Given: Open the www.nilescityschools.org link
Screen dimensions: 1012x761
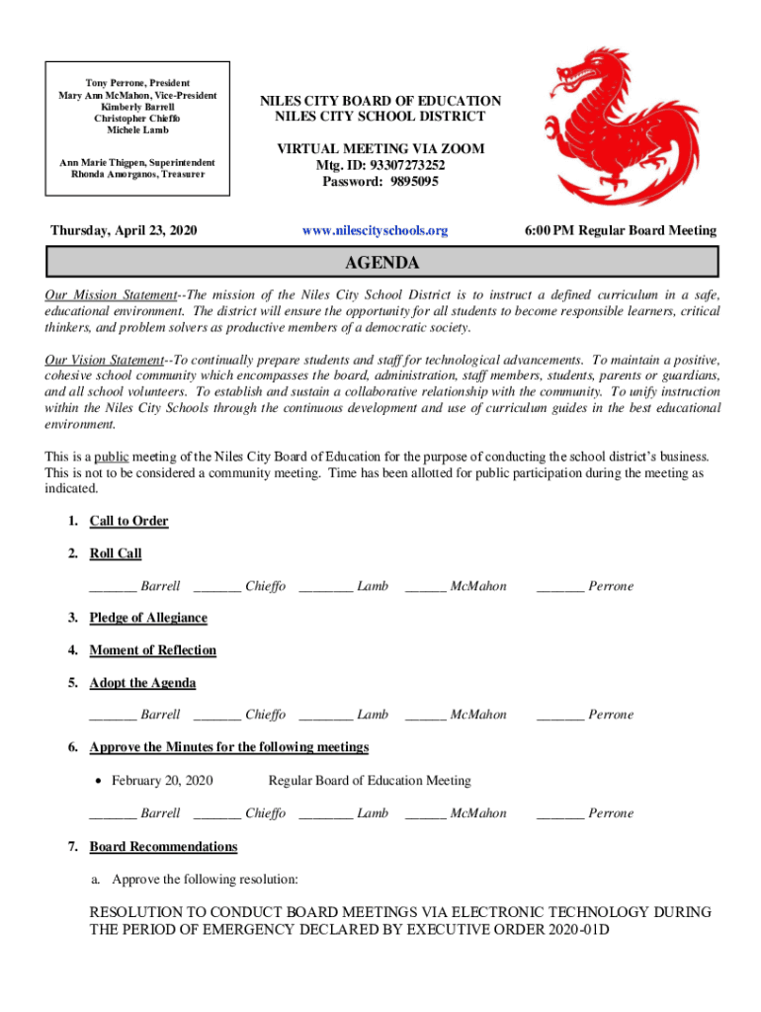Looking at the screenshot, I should coord(375,230).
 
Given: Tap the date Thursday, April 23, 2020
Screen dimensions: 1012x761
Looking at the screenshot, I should coord(124,230).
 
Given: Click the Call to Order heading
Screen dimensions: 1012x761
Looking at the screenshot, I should coord(128,521).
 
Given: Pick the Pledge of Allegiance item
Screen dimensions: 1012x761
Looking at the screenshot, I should coord(148,618).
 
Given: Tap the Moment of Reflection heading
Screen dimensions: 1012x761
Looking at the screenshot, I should coord(152,650).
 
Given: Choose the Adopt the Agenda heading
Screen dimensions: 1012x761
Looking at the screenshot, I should coord(142,683).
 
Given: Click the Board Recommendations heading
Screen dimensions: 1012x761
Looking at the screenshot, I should coord(163,847).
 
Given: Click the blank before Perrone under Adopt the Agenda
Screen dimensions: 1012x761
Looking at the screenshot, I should coord(559,717).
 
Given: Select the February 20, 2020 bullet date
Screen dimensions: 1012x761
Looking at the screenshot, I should coord(162,781).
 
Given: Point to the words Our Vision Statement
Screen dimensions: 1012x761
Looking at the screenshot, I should coord(104,361).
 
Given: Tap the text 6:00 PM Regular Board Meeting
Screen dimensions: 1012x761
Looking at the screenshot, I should coord(621,230).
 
